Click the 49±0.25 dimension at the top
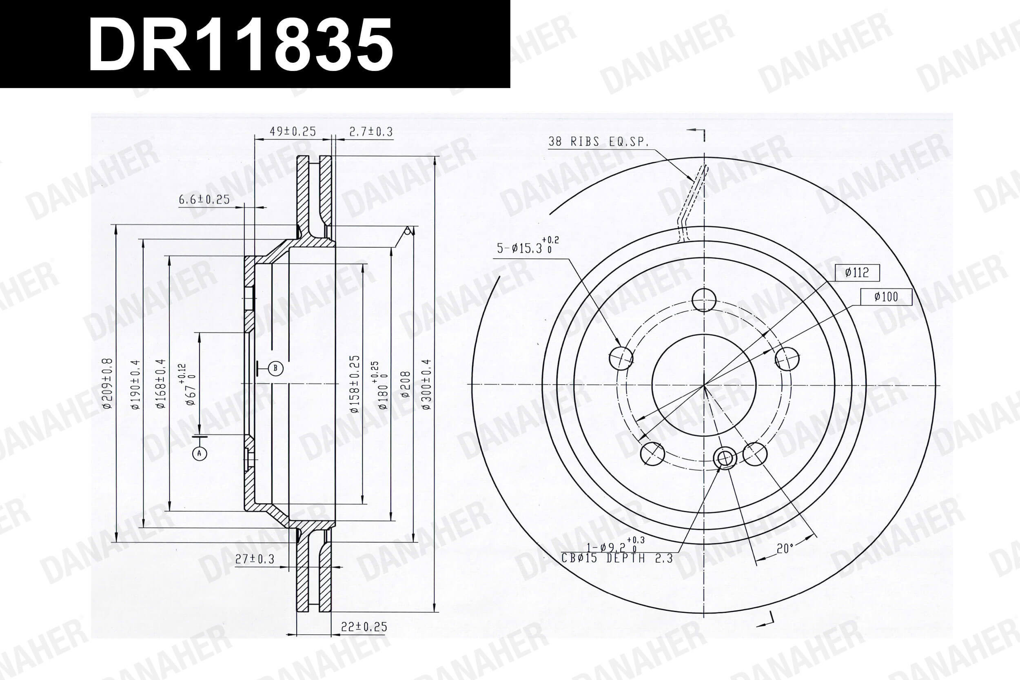(293, 131)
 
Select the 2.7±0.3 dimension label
(371, 131)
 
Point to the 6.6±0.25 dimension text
(204, 199)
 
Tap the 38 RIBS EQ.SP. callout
(599, 142)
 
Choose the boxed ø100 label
(887, 297)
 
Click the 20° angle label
(784, 549)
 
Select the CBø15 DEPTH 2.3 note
(617, 558)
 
